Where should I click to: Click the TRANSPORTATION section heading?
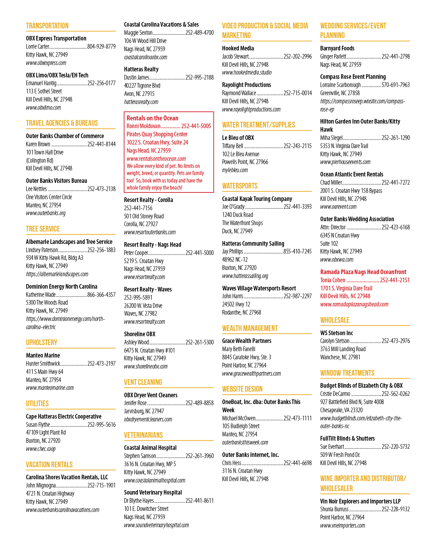(x=47, y=26)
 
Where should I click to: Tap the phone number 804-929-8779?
(x=101, y=47)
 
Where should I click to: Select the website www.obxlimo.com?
(x=43, y=108)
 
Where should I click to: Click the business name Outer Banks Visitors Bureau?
(x=56, y=181)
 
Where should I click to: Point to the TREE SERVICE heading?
(x=43, y=229)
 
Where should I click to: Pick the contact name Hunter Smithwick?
(x=43, y=364)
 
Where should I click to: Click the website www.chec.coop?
(x=41, y=449)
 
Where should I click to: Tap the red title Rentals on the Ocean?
(x=152, y=118)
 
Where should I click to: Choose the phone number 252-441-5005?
(x=196, y=126)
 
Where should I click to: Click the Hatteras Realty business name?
(x=141, y=69)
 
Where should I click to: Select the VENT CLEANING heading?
(x=143, y=382)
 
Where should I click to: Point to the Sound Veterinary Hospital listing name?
(x=153, y=492)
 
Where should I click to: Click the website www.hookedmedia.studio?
(x=247, y=73)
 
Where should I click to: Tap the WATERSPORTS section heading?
(x=240, y=186)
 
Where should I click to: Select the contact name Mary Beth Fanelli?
(x=238, y=349)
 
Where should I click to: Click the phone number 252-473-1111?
(x=298, y=418)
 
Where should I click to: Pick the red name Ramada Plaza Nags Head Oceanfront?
(x=363, y=272)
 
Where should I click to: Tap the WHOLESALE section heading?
(x=335, y=320)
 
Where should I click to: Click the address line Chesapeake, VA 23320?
(x=341, y=410)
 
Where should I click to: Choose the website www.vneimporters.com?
(x=343, y=525)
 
